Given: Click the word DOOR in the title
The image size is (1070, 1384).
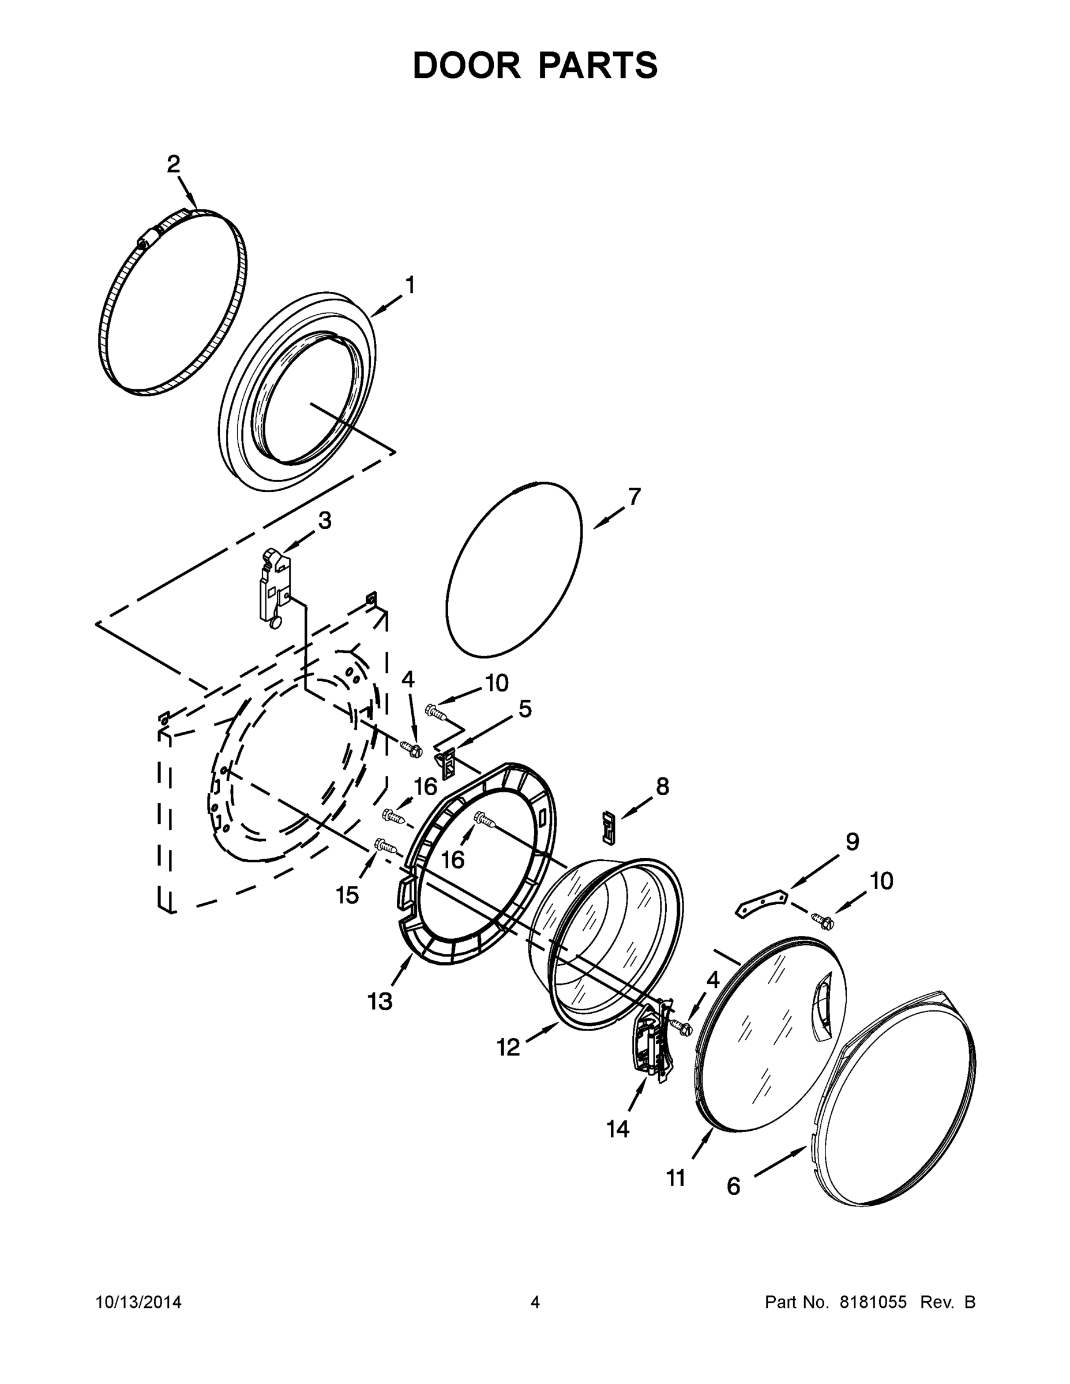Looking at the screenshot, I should click(467, 65).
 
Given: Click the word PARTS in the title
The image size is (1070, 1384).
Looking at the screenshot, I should click(598, 65).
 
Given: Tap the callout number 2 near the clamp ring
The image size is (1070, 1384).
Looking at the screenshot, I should click(173, 165).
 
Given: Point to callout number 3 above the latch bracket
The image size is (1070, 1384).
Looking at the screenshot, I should click(325, 521).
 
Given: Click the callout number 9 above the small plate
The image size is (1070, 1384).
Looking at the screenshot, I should click(853, 842).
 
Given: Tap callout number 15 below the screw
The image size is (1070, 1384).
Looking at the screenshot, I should click(347, 895).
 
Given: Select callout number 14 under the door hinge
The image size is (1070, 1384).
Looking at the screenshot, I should click(617, 1129).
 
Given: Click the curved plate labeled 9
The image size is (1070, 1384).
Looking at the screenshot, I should click(761, 902).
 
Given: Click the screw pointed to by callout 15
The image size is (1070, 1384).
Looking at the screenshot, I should click(385, 845).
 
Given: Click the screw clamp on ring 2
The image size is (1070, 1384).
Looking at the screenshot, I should click(148, 239).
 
